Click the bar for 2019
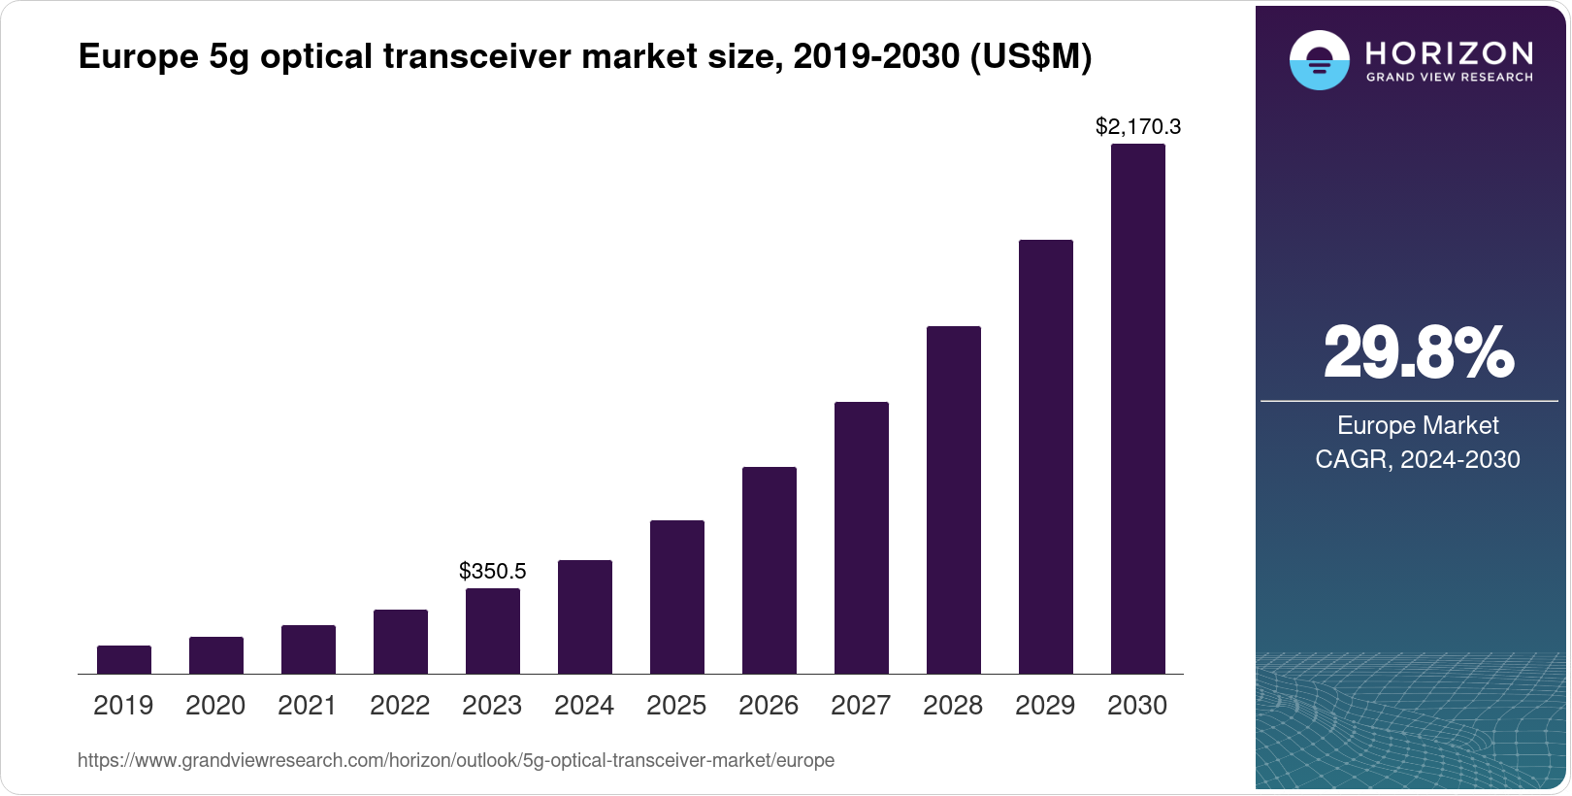click(x=124, y=659)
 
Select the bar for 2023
click(x=493, y=631)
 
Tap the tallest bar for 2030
click(x=1137, y=409)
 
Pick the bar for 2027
click(x=862, y=538)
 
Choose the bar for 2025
click(x=677, y=597)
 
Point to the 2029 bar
click(x=1046, y=456)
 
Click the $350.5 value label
click(x=493, y=571)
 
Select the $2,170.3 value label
click(x=1138, y=126)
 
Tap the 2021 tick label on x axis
click(x=308, y=706)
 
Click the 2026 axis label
click(x=769, y=706)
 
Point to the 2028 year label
click(x=953, y=706)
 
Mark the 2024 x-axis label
click(x=584, y=706)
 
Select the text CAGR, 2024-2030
click(x=1418, y=459)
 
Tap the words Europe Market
click(x=1418, y=425)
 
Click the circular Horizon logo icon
click(x=1319, y=60)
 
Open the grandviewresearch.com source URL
click(x=456, y=760)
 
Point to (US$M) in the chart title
click(x=1031, y=57)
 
